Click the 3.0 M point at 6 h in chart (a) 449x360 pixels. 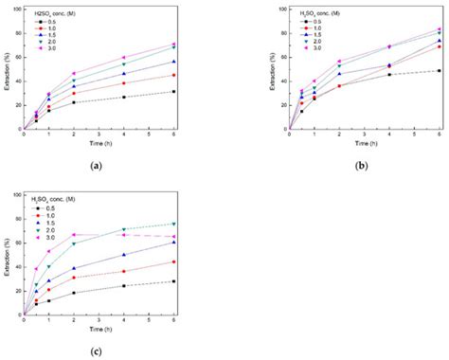click(x=173, y=44)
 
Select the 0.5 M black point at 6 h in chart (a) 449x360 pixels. click(x=173, y=92)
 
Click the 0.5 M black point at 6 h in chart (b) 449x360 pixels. click(x=439, y=71)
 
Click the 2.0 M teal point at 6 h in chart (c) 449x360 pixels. click(x=173, y=224)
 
